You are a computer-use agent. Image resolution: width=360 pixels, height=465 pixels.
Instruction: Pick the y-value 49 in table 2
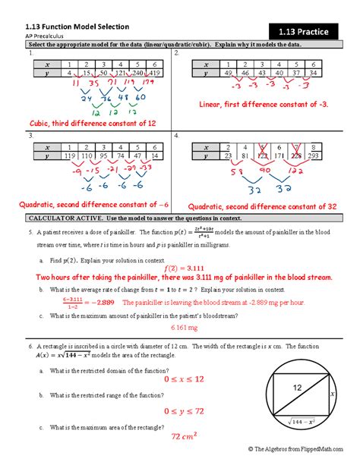(226, 73)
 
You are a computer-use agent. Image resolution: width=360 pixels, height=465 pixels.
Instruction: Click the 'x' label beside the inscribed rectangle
(331, 394)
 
